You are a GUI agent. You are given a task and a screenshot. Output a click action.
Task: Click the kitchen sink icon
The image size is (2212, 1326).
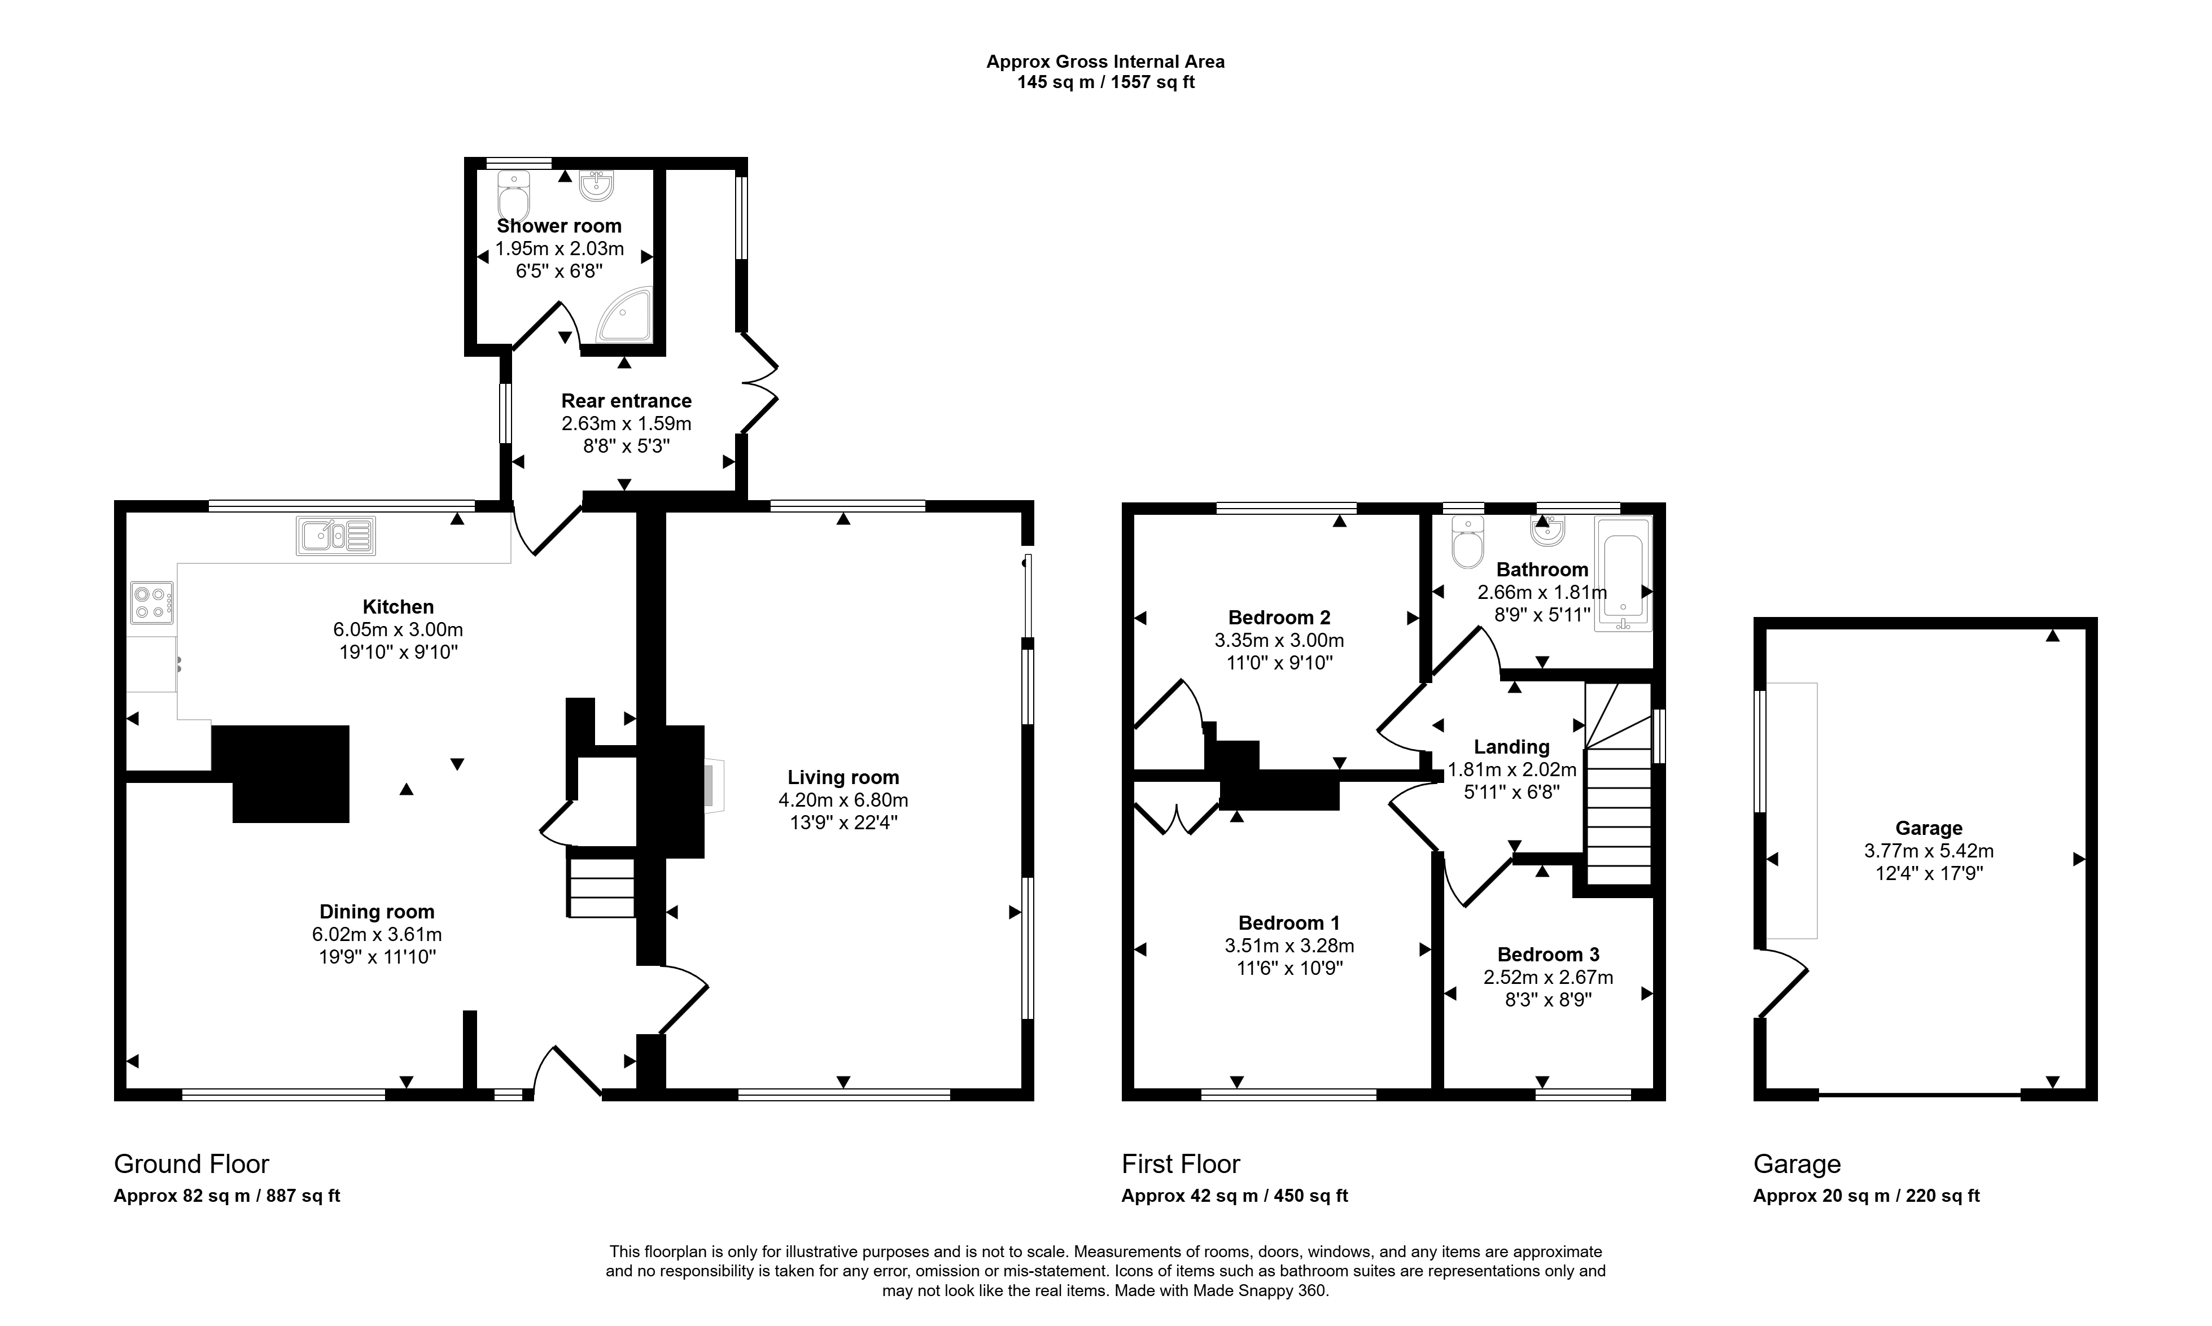[336, 536]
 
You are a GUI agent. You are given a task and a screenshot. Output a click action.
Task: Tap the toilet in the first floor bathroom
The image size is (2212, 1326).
[1468, 541]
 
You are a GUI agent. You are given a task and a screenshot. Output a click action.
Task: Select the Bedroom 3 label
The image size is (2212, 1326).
[1548, 955]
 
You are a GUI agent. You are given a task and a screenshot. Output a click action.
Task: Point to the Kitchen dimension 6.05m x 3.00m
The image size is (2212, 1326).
[399, 629]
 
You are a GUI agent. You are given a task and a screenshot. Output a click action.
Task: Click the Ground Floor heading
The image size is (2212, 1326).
[191, 1164]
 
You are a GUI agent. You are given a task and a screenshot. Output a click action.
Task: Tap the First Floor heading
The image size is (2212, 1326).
[1181, 1164]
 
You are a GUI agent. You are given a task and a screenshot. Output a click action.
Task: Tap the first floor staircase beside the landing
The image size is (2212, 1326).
[1618, 783]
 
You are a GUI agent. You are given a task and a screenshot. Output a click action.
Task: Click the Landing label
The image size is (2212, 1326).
[1511, 747]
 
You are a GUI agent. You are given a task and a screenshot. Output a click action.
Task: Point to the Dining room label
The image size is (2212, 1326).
[377, 912]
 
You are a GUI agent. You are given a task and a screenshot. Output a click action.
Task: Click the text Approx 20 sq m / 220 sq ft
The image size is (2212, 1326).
[1866, 1196]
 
